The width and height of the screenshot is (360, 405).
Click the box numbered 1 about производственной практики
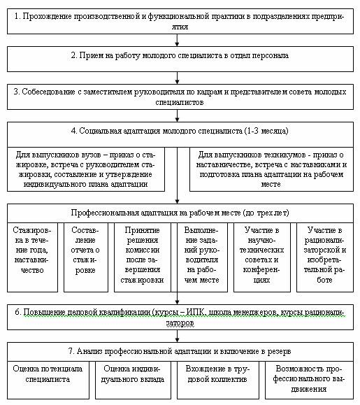click(180, 22)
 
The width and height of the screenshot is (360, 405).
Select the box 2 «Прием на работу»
click(180, 59)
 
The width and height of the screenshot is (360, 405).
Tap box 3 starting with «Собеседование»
click(180, 97)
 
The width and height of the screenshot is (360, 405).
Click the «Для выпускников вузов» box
click(86, 169)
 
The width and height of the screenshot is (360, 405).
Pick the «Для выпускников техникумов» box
click(271, 169)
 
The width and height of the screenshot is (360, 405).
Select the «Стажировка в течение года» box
click(32, 257)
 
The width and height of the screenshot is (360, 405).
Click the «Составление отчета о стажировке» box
click(86, 257)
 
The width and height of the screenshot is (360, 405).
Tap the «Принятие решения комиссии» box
click(143, 257)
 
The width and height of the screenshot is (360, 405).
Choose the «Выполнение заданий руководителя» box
click(202, 257)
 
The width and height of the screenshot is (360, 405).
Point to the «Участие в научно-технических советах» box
click(262, 257)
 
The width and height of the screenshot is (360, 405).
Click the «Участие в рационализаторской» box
click(325, 257)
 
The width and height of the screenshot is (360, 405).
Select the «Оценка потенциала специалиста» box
click(48, 381)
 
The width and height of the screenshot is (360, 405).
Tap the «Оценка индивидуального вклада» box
click(133, 381)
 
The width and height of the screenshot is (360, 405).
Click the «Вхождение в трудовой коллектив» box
click(218, 381)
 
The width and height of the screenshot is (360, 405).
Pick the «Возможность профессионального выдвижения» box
click(309, 381)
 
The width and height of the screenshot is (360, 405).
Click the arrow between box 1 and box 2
click(177, 41)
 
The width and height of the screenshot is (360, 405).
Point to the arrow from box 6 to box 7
click(177, 336)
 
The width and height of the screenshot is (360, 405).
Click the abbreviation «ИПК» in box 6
click(196, 312)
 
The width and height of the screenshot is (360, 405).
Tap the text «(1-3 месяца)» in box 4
click(266, 131)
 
